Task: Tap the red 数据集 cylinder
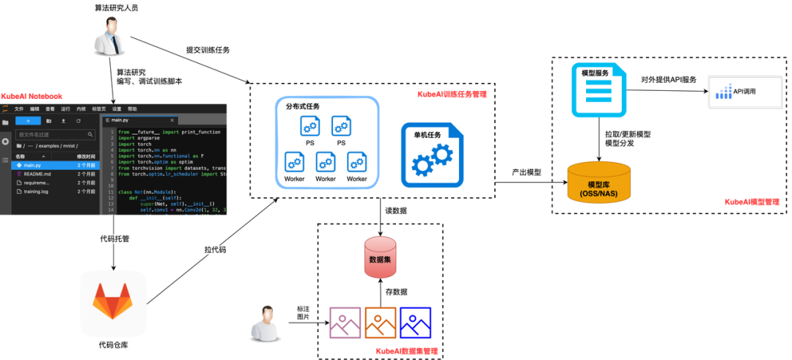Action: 381,258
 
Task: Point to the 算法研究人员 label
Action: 117,7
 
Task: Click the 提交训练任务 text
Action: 208,50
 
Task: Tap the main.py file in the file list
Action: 32,166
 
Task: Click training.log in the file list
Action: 37,192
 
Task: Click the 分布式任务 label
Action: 303,107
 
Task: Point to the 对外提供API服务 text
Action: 668,79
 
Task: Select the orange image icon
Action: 380,322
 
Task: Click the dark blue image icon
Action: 415,322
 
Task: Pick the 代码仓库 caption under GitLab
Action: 114,345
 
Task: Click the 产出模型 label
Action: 527,172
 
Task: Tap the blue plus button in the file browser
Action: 28,120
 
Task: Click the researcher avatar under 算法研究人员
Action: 108,34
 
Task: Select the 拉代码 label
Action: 214,250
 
